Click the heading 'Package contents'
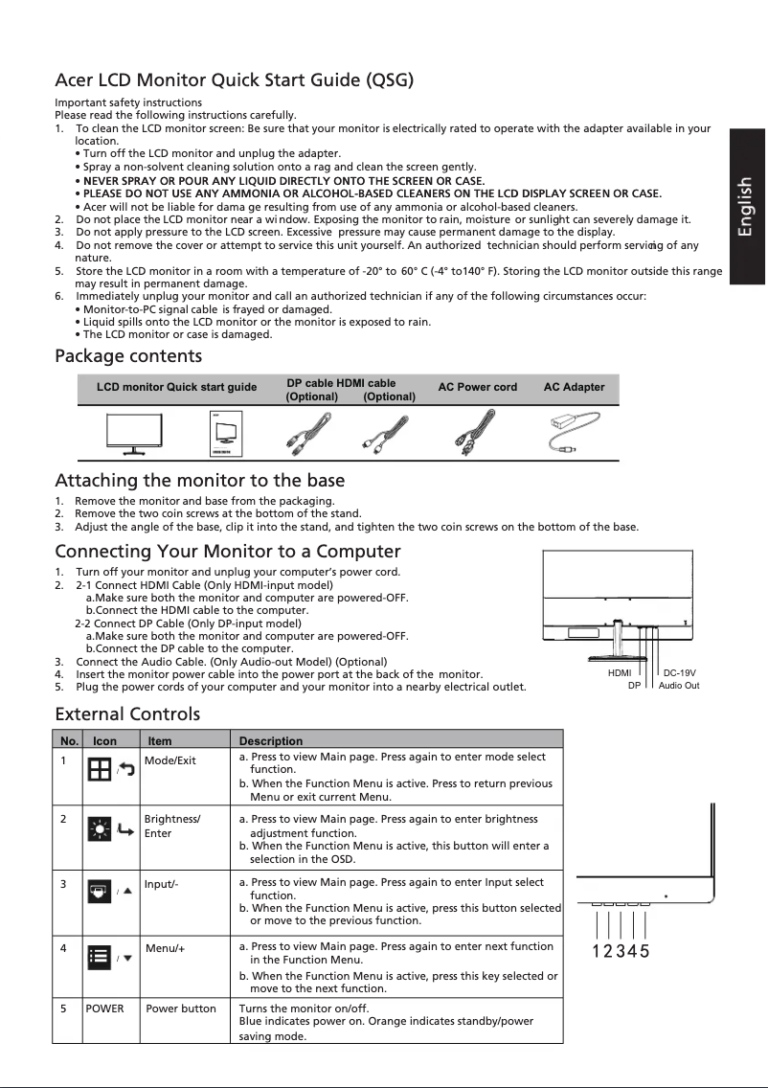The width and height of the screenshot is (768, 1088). (x=128, y=357)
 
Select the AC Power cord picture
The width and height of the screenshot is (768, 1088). (x=476, y=433)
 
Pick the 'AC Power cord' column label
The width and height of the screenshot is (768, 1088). (x=477, y=387)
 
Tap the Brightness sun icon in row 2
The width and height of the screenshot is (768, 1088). (x=98, y=829)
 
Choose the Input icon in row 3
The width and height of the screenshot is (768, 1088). (x=98, y=892)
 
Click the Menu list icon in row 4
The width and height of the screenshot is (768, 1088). (x=98, y=955)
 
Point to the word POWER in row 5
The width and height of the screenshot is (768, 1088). (x=104, y=1009)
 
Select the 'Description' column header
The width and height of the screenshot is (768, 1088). (x=270, y=740)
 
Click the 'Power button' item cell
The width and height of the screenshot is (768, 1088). (x=180, y=1009)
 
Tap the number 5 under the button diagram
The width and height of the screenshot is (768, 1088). (x=644, y=951)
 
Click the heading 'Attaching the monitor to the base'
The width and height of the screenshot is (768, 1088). (x=199, y=480)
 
